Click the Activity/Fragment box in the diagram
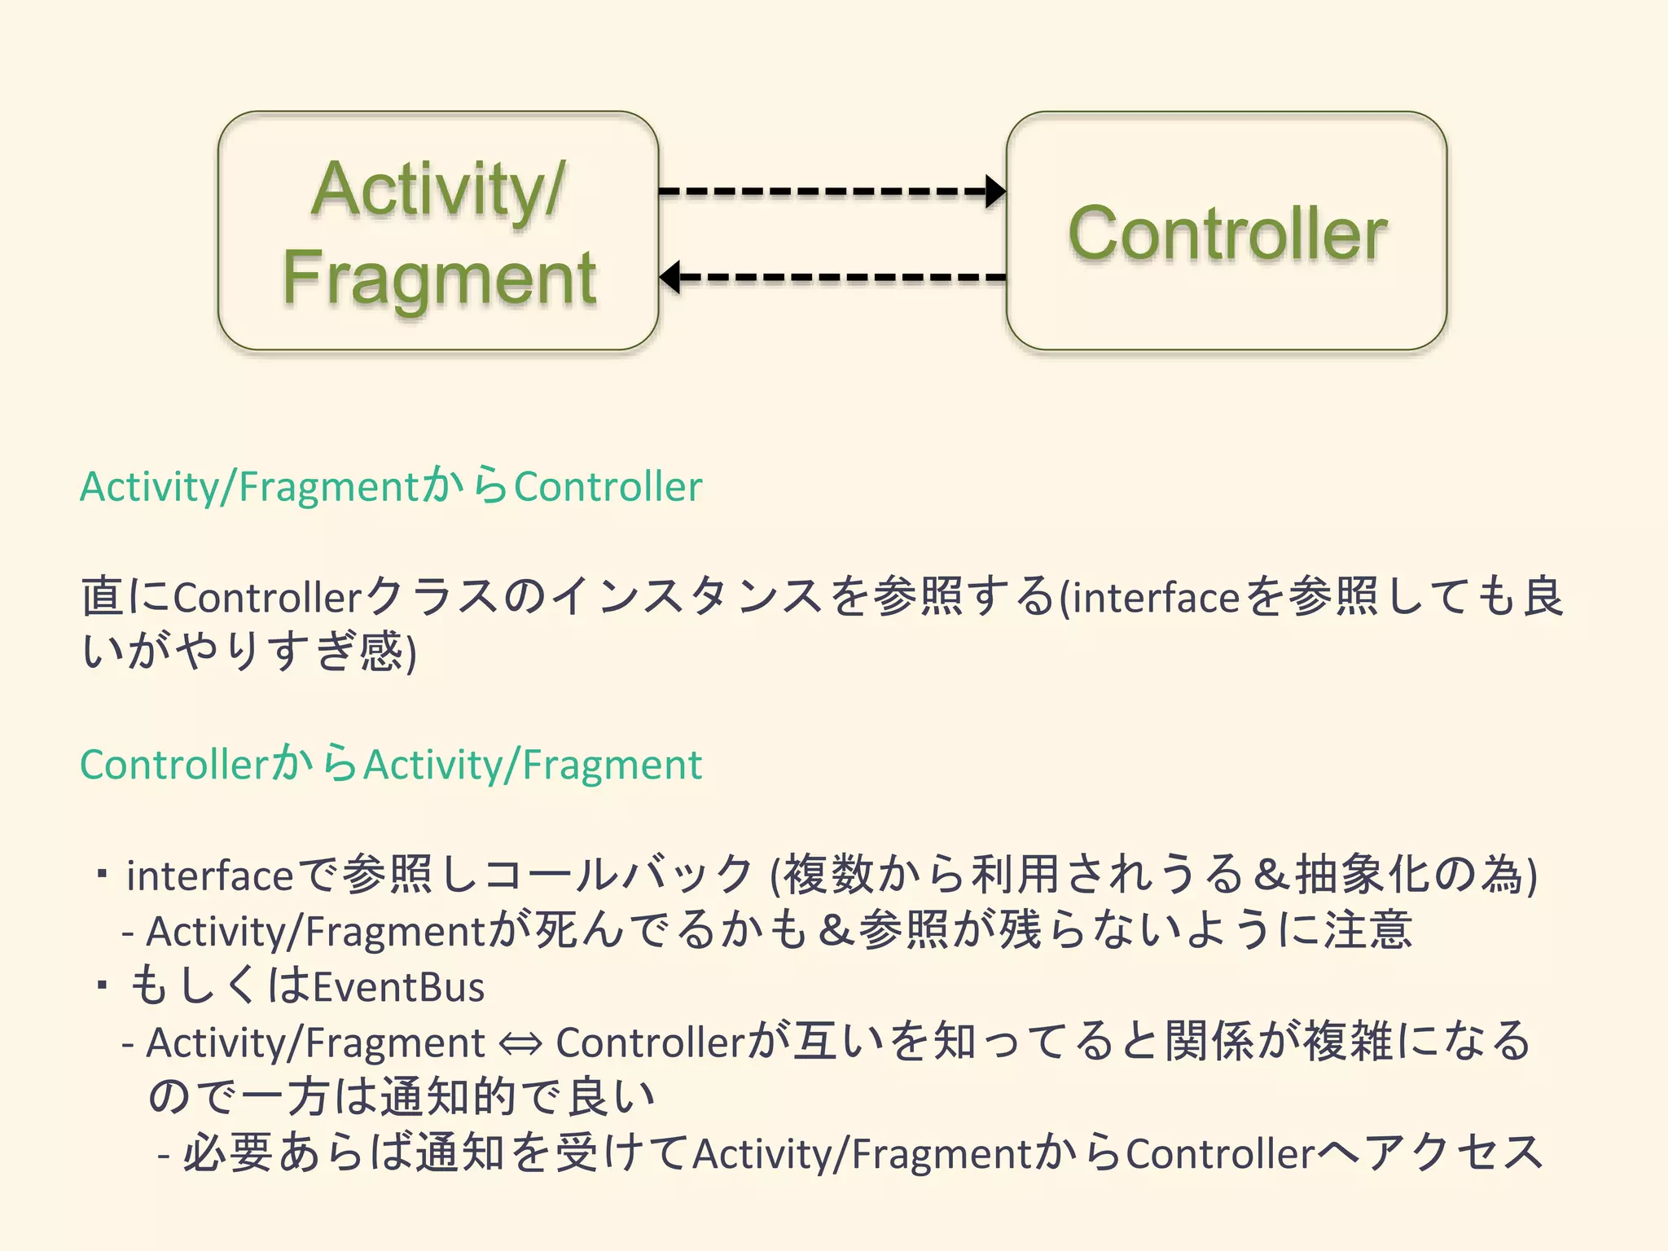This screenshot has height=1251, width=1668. pyautogui.click(x=438, y=231)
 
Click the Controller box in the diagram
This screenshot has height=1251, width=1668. pyautogui.click(x=1227, y=231)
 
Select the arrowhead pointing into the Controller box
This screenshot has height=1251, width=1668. pyautogui.click(x=995, y=191)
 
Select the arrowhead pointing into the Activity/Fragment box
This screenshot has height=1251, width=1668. pyautogui.click(x=670, y=277)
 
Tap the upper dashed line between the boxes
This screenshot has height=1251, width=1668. pyautogui.click(x=823, y=191)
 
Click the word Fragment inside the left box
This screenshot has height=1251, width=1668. pyautogui.click(x=440, y=279)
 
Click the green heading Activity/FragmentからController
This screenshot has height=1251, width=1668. pyautogui.click(x=391, y=487)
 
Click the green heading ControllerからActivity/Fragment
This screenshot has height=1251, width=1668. pyautogui.click(x=391, y=765)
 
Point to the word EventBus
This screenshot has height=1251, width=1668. pyautogui.click(x=399, y=987)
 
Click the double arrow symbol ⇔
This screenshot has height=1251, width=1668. pyautogui.click(x=520, y=1044)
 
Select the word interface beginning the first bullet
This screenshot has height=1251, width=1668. pyautogui.click(x=209, y=876)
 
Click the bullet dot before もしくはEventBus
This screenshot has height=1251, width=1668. pyautogui.click(x=102, y=986)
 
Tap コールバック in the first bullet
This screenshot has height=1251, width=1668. pyautogui.click(x=619, y=875)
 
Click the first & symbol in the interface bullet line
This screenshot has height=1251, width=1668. pyautogui.click(x=1270, y=875)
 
